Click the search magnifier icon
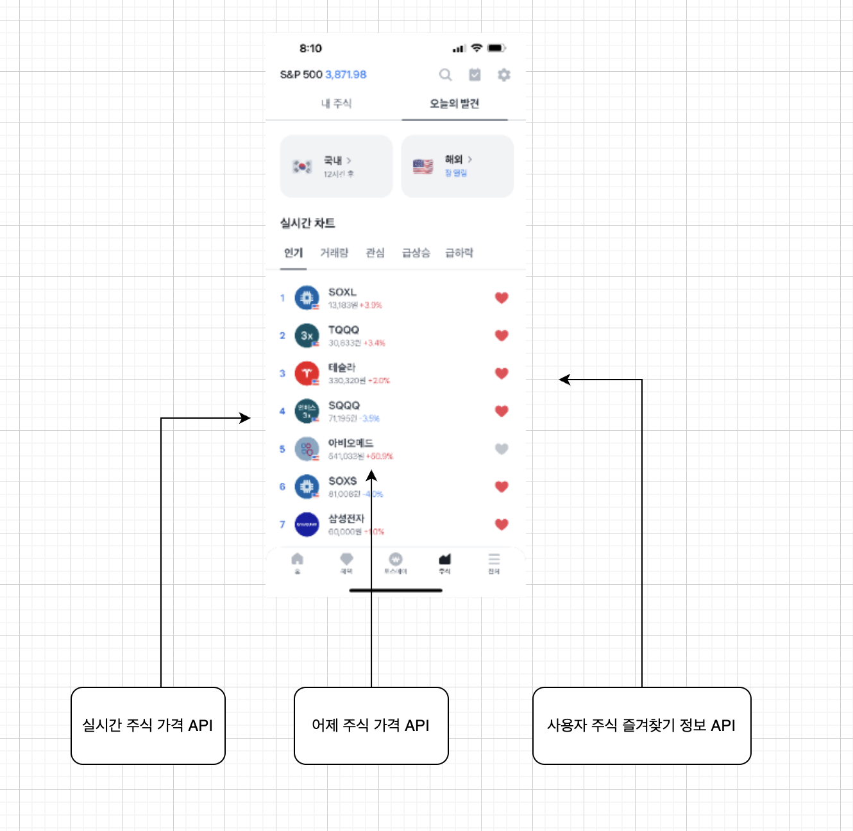(445, 75)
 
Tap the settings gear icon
(504, 75)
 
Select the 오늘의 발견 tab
(454, 103)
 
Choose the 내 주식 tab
(336, 103)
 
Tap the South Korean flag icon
(302, 167)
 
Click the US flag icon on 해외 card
(423, 167)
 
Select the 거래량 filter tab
(334, 253)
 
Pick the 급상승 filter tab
(416, 253)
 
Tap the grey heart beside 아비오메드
(502, 449)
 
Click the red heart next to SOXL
(502, 298)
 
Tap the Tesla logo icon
(307, 373)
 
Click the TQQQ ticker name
(344, 330)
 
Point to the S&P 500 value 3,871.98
(346, 74)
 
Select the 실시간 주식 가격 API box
(148, 726)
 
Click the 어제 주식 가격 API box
(371, 726)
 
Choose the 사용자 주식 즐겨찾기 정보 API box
(641, 726)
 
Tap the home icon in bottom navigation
(297, 560)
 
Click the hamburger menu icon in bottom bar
(494, 560)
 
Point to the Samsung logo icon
(307, 525)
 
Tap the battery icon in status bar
(496, 48)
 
